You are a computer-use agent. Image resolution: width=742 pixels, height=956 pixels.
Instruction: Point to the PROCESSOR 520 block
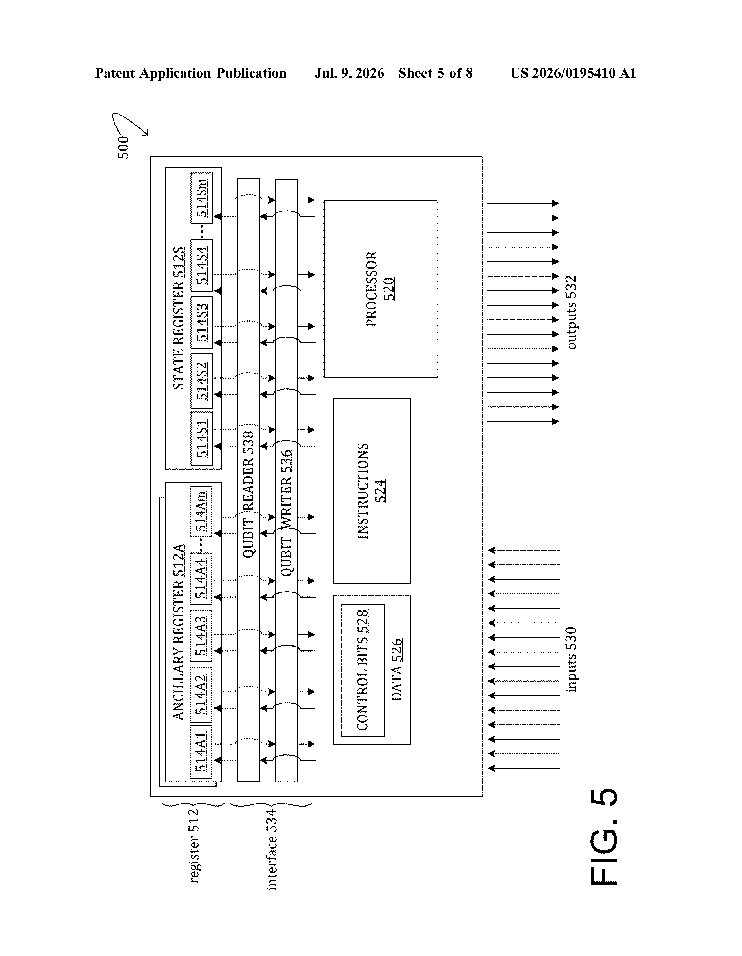pos(380,289)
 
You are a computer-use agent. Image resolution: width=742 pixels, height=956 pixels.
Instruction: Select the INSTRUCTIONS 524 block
pos(372,491)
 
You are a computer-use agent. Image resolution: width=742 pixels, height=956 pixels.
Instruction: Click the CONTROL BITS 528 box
pos(363,670)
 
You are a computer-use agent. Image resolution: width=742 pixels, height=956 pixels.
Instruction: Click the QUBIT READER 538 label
pos(248,494)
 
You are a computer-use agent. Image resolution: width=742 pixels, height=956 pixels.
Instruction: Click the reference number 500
pos(123,147)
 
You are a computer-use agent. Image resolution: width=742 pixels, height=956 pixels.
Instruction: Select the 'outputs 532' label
pos(572,312)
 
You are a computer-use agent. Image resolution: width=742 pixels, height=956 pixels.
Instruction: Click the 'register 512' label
pos(194,846)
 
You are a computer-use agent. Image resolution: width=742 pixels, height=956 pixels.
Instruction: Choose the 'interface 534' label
pos(272,849)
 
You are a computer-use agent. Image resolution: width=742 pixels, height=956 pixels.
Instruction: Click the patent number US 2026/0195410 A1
pos(573,73)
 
